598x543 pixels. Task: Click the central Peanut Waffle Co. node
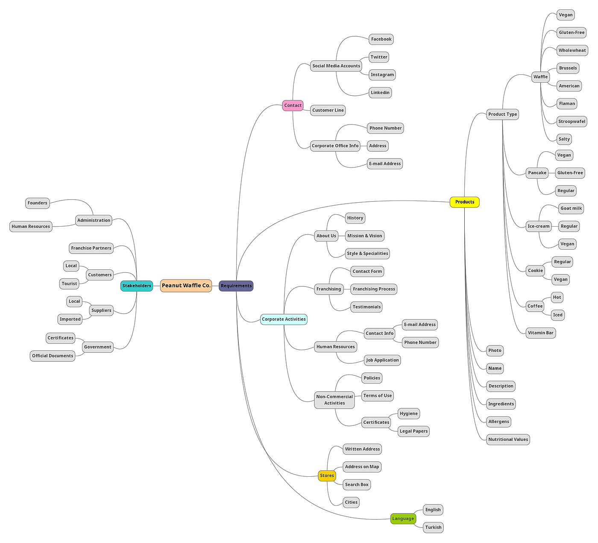tap(186, 286)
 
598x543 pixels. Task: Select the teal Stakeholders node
tap(137, 286)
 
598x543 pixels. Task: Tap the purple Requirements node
tap(236, 286)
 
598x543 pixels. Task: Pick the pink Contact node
tap(293, 106)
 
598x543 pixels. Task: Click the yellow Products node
tap(464, 202)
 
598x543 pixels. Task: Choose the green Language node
tap(403, 519)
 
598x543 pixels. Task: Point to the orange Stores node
tap(327, 476)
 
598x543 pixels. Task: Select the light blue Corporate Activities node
tap(284, 319)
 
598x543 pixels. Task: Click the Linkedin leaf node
tap(380, 93)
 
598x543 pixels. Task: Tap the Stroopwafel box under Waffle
tap(572, 121)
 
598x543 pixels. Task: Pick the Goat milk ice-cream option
tap(571, 209)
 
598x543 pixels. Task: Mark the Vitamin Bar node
tap(540, 333)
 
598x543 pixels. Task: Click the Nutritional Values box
tap(508, 440)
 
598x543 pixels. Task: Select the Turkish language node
tap(433, 528)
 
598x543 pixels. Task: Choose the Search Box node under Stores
tap(357, 485)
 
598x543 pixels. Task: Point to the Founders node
tap(38, 203)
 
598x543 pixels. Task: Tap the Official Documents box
tap(53, 356)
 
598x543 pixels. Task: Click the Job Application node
tap(382, 360)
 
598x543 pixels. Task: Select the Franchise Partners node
tap(91, 248)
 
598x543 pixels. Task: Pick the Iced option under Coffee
tap(558, 315)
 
